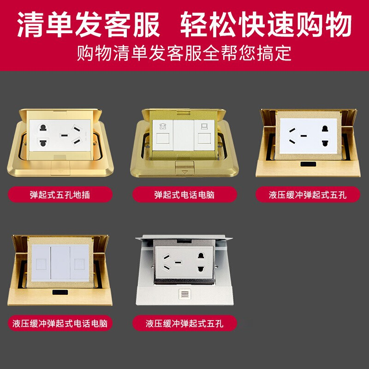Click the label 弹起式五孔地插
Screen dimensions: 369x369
click(60, 195)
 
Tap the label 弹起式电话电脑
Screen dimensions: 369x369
click(184, 195)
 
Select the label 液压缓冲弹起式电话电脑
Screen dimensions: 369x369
click(60, 323)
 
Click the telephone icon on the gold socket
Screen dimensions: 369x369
click(163, 126)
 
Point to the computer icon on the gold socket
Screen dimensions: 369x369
click(204, 126)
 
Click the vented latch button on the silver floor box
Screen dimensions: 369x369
click(185, 294)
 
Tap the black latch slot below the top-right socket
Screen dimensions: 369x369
click(308, 164)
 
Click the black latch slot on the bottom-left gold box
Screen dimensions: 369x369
click(60, 292)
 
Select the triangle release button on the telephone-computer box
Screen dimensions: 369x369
click(185, 168)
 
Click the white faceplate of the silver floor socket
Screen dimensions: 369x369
click(184, 262)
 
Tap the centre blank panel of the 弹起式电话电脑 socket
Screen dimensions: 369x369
click(184, 135)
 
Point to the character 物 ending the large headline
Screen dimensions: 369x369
click(338, 24)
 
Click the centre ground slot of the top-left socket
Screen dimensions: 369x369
click(64, 136)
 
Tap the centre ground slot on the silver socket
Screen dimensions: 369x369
click(178, 262)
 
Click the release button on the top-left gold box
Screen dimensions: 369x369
click(60, 168)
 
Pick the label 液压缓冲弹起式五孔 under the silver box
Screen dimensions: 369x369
click(184, 323)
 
